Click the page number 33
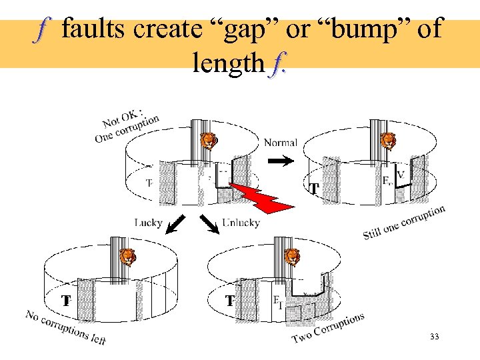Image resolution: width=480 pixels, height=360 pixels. pos(435,338)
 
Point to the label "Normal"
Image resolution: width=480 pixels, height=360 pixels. pos(280,143)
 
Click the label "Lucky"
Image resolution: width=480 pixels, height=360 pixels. pos(148,222)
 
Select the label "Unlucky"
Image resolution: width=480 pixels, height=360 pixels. pos(241,222)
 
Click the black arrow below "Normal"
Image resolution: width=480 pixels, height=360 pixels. pos(284,161)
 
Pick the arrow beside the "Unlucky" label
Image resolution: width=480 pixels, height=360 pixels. pos(210,226)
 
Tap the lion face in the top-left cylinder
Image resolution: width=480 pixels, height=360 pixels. pos(209,141)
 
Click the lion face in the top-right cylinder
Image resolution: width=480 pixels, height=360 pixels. pos(387,141)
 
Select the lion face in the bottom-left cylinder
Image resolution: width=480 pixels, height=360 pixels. pos(127,257)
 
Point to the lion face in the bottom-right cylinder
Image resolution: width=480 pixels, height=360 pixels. pos(292,257)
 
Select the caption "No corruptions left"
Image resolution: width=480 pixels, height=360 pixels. pos(65,327)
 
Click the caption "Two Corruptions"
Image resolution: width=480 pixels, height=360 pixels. pos(329,329)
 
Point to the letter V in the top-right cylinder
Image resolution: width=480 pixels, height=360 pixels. pos(401,175)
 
